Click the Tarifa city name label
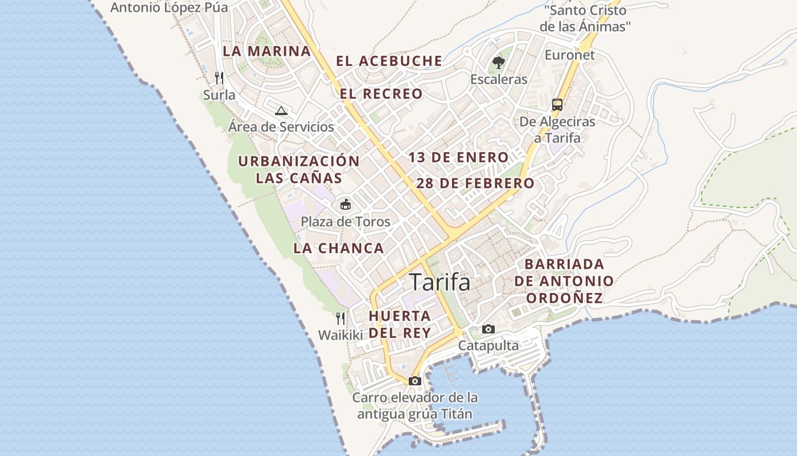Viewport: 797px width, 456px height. coord(439,282)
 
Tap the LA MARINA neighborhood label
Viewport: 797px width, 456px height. coord(266,51)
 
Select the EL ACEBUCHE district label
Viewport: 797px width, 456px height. coord(389,61)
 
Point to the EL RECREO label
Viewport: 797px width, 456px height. coord(381,93)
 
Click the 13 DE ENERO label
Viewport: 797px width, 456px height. coord(458,157)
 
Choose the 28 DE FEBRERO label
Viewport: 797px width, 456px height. coord(475,184)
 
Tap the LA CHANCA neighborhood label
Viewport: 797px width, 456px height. coord(339,248)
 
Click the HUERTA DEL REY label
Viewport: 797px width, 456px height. coord(400,324)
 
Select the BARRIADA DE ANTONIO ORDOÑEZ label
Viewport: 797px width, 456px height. coord(564,281)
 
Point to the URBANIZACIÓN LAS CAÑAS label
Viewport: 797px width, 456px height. coord(299,169)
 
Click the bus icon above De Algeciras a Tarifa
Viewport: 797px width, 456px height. coord(557,105)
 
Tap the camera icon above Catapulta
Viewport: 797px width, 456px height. coord(488,329)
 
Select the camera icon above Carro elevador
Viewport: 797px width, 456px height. coord(414,381)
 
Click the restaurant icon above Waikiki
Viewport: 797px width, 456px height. coord(340,318)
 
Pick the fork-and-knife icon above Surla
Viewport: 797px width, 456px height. coord(219,78)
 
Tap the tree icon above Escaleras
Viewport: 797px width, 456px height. coord(499,62)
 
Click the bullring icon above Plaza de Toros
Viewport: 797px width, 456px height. coord(345,203)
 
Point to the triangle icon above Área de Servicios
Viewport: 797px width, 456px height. coord(281,110)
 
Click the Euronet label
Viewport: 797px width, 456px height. coord(569,55)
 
